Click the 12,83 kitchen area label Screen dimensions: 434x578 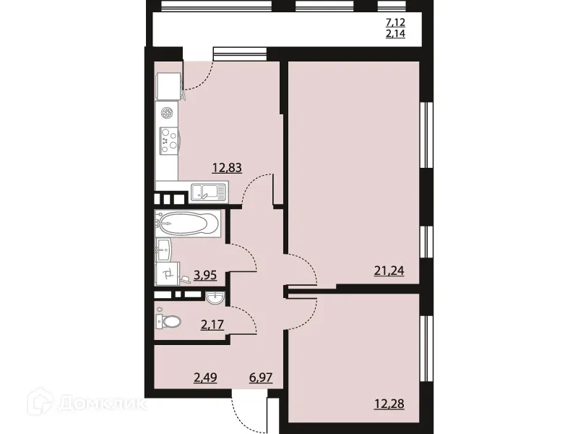tap(226, 168)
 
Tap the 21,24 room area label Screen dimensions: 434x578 tap(388, 271)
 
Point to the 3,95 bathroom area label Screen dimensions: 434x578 tap(205, 275)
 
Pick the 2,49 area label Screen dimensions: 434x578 tap(204, 377)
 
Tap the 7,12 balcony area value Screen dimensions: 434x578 tap(395, 22)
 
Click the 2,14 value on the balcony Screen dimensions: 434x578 tap(395, 33)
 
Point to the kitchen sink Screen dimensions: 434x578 tap(208, 192)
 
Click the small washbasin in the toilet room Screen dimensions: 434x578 tap(215, 297)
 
